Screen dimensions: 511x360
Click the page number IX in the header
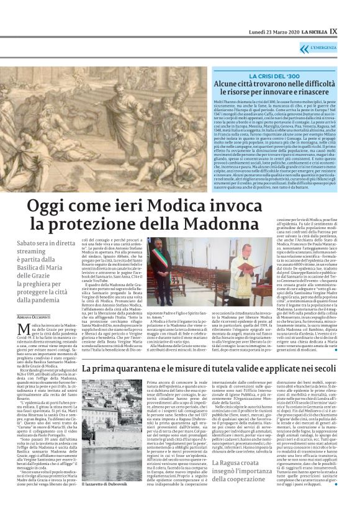coord(350,12)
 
